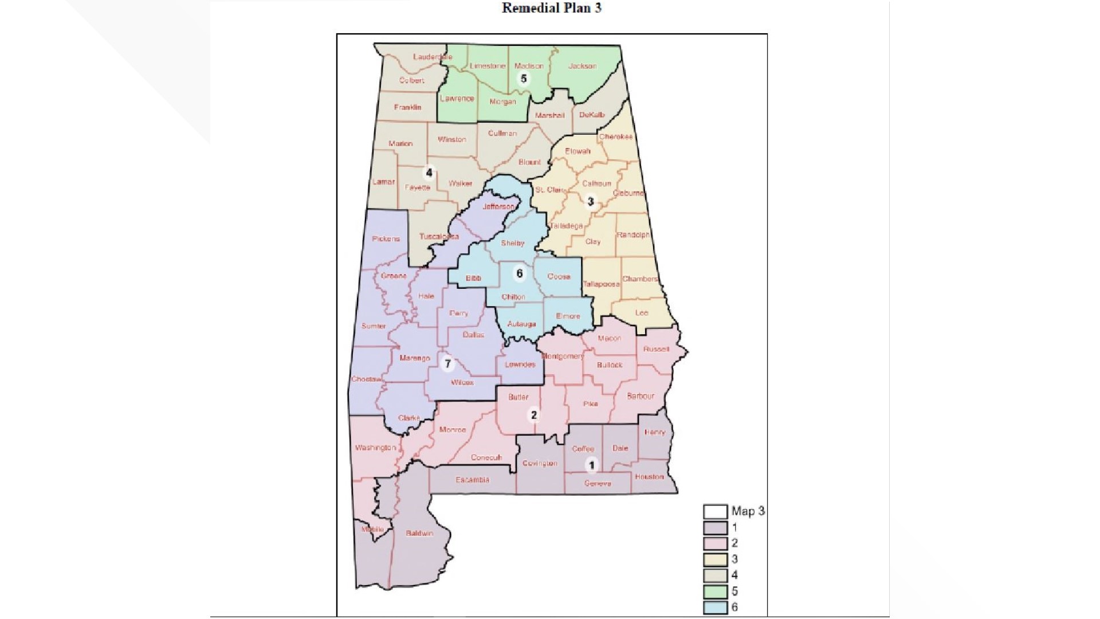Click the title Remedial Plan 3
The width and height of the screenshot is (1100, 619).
point(551,8)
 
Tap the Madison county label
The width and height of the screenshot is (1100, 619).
point(529,66)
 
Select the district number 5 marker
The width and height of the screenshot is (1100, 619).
point(523,79)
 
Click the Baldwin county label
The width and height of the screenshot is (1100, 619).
point(419,534)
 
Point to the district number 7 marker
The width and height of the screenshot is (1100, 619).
point(448,363)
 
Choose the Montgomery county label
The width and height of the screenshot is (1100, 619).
point(562,356)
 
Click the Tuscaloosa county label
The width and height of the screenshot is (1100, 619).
point(439,236)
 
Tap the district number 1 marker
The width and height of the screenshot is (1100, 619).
point(592,465)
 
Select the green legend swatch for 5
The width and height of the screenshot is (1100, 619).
point(715,591)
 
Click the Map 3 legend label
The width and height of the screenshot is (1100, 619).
point(748,511)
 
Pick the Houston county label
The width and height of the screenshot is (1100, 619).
point(649,477)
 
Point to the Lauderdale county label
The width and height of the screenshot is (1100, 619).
point(433,57)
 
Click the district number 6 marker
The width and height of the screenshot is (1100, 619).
point(520,273)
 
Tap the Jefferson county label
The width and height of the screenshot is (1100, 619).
point(498,206)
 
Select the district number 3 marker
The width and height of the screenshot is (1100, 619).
point(591,201)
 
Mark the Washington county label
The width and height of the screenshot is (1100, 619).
point(375,448)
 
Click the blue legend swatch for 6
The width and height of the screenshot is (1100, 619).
point(715,608)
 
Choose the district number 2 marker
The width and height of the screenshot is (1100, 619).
point(534,415)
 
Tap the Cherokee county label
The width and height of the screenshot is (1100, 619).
point(616,137)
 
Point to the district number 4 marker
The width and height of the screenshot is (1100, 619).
point(429,172)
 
